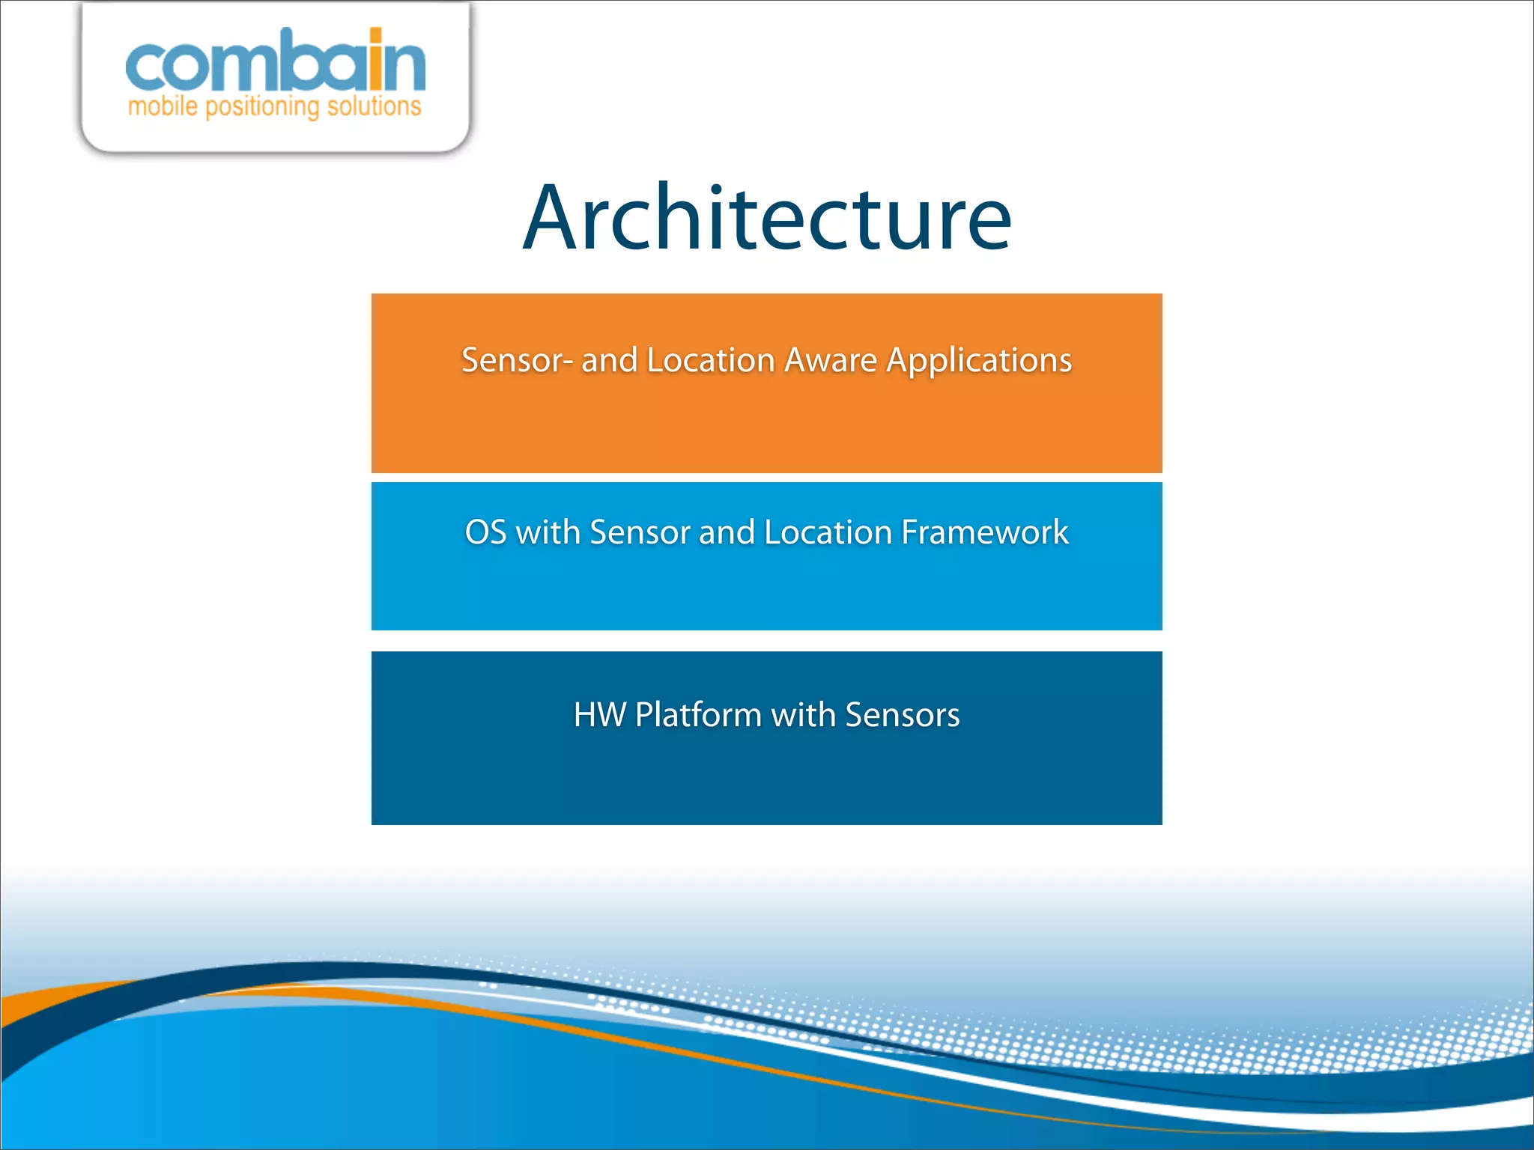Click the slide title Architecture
[767, 219]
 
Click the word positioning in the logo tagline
[262, 107]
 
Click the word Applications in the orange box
[979, 361]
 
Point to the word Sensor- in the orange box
[517, 360]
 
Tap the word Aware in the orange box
[831, 360]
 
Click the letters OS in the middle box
[485, 532]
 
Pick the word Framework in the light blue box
[984, 532]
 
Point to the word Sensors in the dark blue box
[902, 715]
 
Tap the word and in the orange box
[609, 360]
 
